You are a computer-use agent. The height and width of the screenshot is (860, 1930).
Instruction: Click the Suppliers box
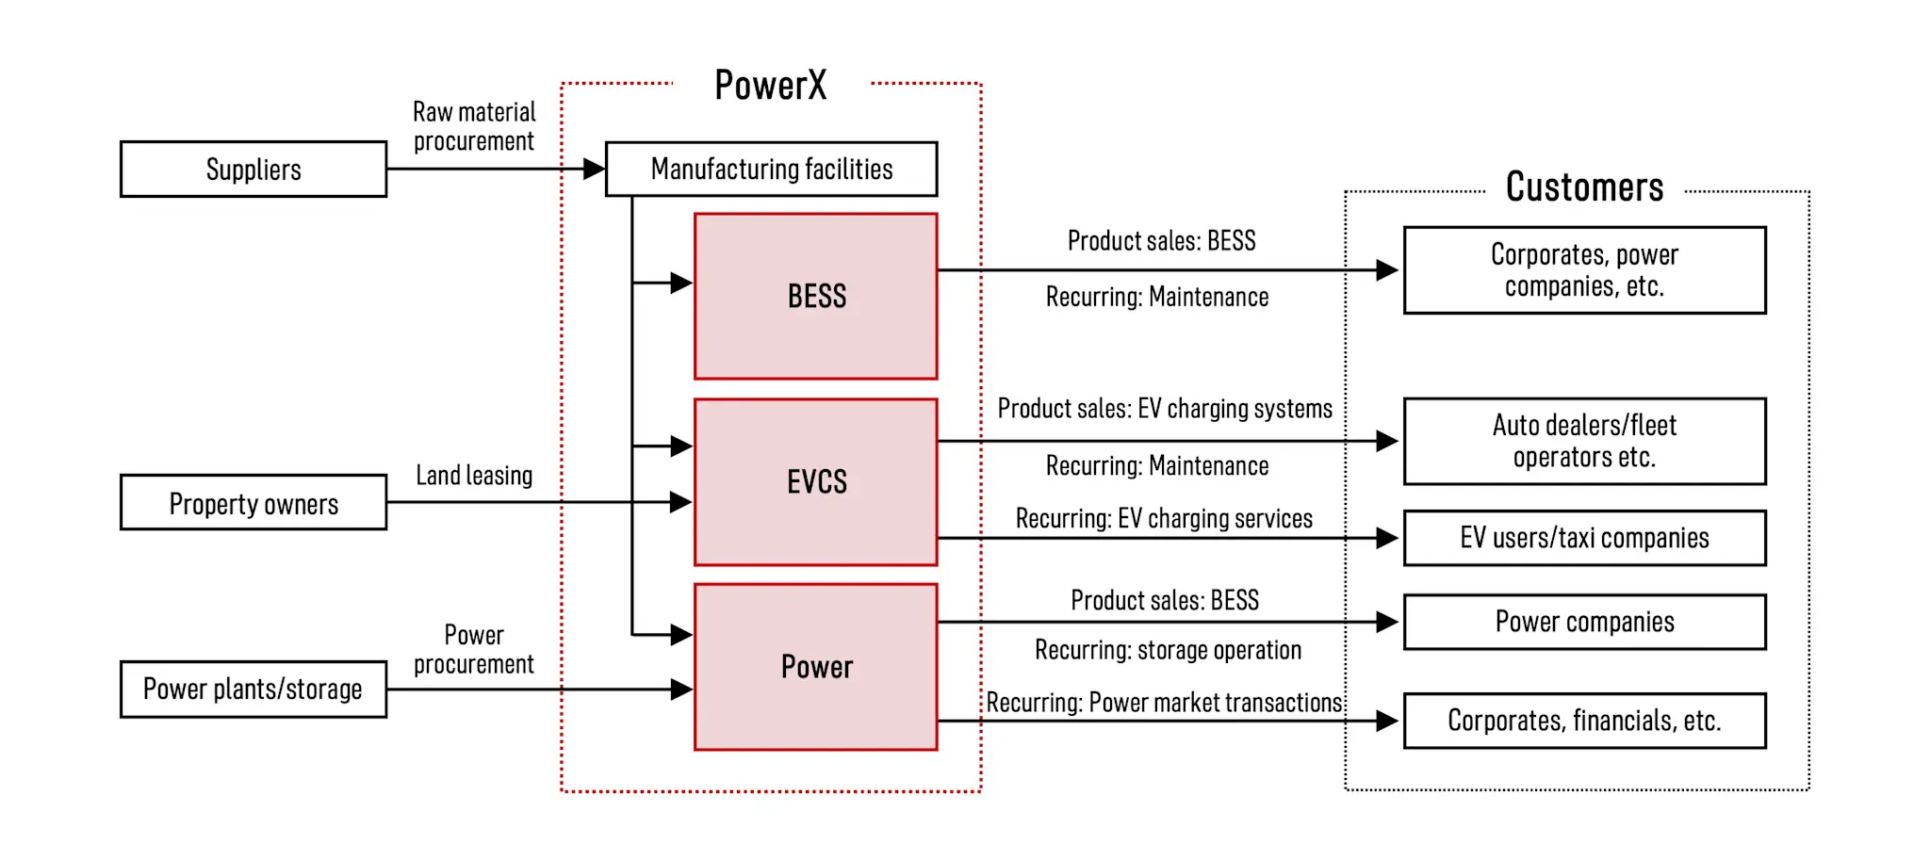click(253, 170)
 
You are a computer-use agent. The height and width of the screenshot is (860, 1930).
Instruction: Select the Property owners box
click(253, 503)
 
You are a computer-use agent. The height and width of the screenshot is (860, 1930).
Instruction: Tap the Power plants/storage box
click(253, 690)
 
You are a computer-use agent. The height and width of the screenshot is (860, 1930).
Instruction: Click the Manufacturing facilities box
click(771, 170)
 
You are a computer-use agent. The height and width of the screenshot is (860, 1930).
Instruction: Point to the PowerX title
click(770, 86)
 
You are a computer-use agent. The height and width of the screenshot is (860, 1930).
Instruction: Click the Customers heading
click(1584, 187)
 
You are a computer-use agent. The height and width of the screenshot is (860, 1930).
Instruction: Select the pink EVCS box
click(816, 482)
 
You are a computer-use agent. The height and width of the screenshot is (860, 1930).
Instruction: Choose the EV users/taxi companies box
click(1584, 538)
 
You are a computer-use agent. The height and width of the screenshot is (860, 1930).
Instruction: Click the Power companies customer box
click(1584, 622)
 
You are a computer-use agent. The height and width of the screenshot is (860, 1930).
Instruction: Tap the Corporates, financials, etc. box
click(1584, 721)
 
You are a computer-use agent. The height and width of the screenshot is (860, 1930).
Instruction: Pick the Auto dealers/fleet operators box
click(1584, 441)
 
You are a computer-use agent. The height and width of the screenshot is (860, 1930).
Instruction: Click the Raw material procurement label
click(474, 126)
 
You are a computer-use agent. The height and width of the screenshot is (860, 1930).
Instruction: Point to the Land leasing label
click(474, 476)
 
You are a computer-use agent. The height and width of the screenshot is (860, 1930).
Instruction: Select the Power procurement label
click(474, 649)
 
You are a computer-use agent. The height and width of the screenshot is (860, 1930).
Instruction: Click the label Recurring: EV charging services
click(1164, 519)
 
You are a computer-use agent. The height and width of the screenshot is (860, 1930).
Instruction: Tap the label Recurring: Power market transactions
click(1164, 703)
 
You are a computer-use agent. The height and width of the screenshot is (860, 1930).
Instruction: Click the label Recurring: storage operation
click(1168, 650)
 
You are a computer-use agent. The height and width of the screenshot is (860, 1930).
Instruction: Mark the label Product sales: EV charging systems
click(1165, 409)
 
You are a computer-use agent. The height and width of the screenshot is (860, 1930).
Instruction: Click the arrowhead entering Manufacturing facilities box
click(594, 170)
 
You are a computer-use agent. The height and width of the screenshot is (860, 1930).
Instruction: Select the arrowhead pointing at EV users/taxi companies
click(1386, 538)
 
